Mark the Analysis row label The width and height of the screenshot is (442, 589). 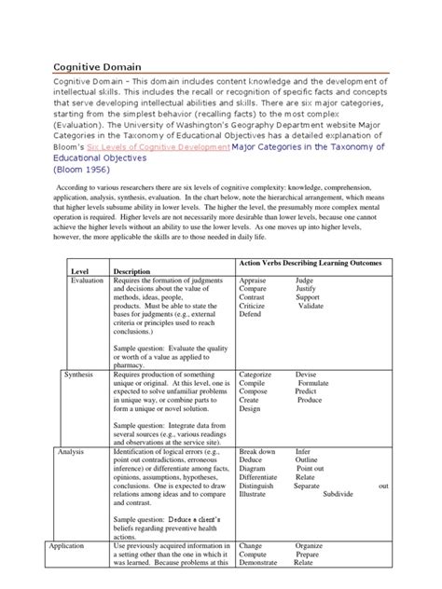tap(72, 450)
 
